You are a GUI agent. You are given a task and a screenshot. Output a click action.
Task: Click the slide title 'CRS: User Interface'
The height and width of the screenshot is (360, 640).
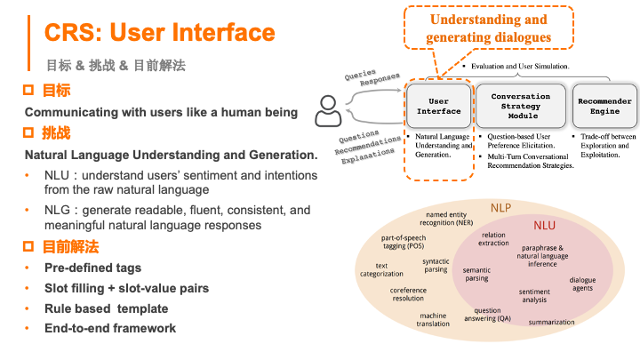[x=160, y=34]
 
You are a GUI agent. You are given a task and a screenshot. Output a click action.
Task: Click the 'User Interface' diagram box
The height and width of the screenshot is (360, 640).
[x=439, y=106]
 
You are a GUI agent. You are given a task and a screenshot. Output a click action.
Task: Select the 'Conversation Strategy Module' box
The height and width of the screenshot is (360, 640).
[x=520, y=106]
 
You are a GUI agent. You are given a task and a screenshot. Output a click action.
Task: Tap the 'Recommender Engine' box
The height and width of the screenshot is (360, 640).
[x=604, y=106]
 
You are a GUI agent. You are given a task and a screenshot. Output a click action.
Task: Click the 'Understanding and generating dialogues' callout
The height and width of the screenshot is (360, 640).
[x=488, y=28]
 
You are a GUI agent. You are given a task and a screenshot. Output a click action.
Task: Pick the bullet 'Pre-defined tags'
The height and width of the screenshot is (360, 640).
[x=92, y=268]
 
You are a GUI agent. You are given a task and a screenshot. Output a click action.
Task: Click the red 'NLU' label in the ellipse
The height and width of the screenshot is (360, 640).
[x=544, y=226]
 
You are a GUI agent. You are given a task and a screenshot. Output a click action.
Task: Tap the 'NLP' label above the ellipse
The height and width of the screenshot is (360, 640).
[x=500, y=208]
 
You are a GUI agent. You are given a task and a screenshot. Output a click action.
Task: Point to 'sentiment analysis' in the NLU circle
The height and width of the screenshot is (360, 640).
[x=534, y=296]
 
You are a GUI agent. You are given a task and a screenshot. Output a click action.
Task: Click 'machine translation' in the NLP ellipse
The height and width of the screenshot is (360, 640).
[x=433, y=320]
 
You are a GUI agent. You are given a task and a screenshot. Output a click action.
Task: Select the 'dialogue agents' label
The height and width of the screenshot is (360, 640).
[x=583, y=284]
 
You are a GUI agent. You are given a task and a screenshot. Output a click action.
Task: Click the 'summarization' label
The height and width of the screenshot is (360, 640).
[x=551, y=323]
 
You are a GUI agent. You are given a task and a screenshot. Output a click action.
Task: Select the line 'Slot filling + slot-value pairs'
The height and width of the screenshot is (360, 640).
[x=126, y=288]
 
